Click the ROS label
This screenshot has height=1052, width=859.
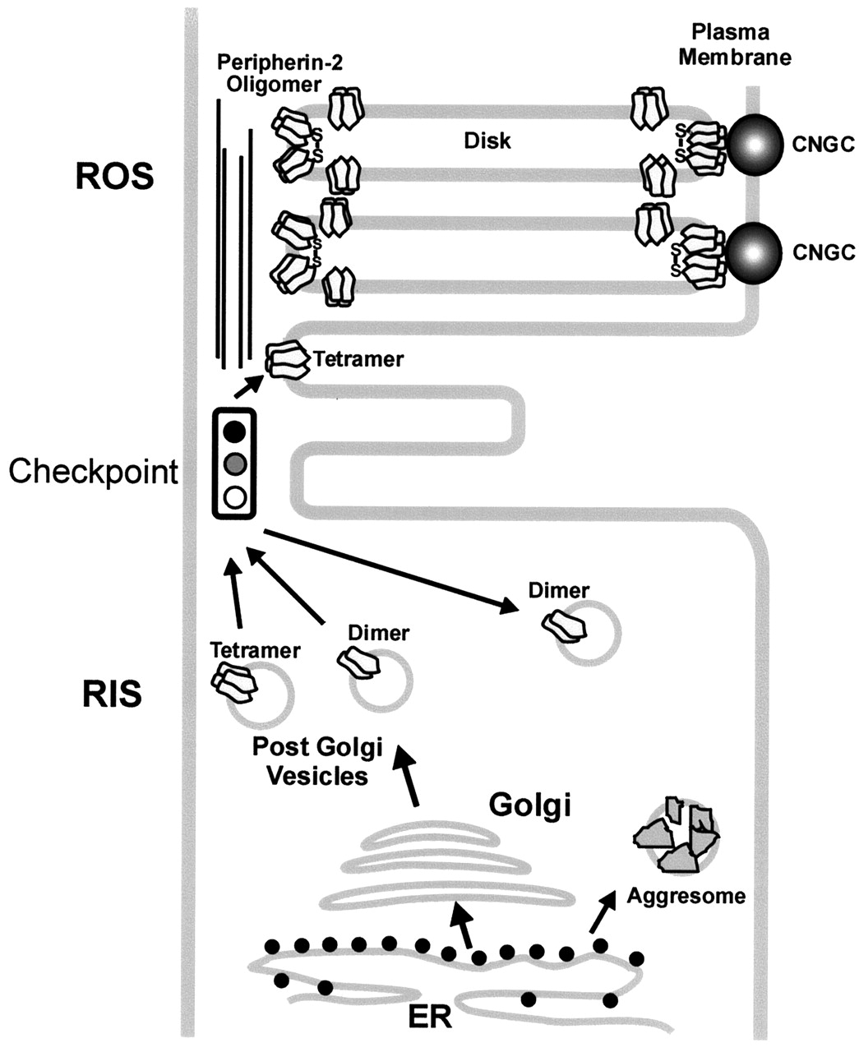tap(114, 176)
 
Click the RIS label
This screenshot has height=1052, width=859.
tap(112, 694)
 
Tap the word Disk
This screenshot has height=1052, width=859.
tap(487, 141)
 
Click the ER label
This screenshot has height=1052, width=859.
tap(430, 1017)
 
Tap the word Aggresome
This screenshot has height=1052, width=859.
tap(686, 895)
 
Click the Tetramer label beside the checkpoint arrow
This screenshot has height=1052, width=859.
tap(359, 359)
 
